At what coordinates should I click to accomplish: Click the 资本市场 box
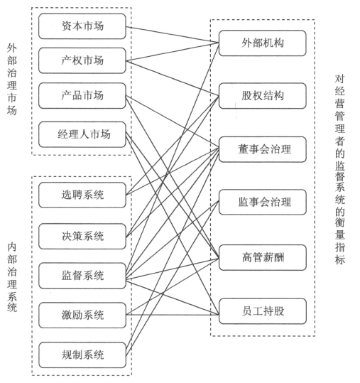(x=82, y=26)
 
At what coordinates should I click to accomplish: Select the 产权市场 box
(x=82, y=60)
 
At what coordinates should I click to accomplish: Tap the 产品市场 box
(x=82, y=95)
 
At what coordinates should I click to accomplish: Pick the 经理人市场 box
(x=82, y=134)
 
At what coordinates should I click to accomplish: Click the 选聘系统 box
(x=82, y=195)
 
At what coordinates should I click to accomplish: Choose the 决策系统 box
(x=82, y=236)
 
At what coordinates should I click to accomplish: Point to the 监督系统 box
(x=82, y=276)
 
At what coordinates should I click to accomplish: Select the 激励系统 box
(x=82, y=315)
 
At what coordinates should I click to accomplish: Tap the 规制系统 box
(x=82, y=355)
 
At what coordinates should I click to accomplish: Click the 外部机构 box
(x=263, y=43)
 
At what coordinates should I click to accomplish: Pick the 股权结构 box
(x=263, y=96)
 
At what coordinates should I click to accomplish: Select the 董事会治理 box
(x=263, y=149)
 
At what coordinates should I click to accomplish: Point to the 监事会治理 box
(x=263, y=202)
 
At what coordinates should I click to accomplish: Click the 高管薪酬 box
(x=263, y=257)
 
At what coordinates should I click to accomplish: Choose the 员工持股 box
(x=263, y=311)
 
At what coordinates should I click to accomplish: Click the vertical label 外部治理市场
(x=11, y=80)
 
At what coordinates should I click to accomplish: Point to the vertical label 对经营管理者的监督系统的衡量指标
(x=339, y=169)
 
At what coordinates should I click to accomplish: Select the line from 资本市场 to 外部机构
(x=173, y=35)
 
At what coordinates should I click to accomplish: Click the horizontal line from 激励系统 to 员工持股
(x=173, y=315)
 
